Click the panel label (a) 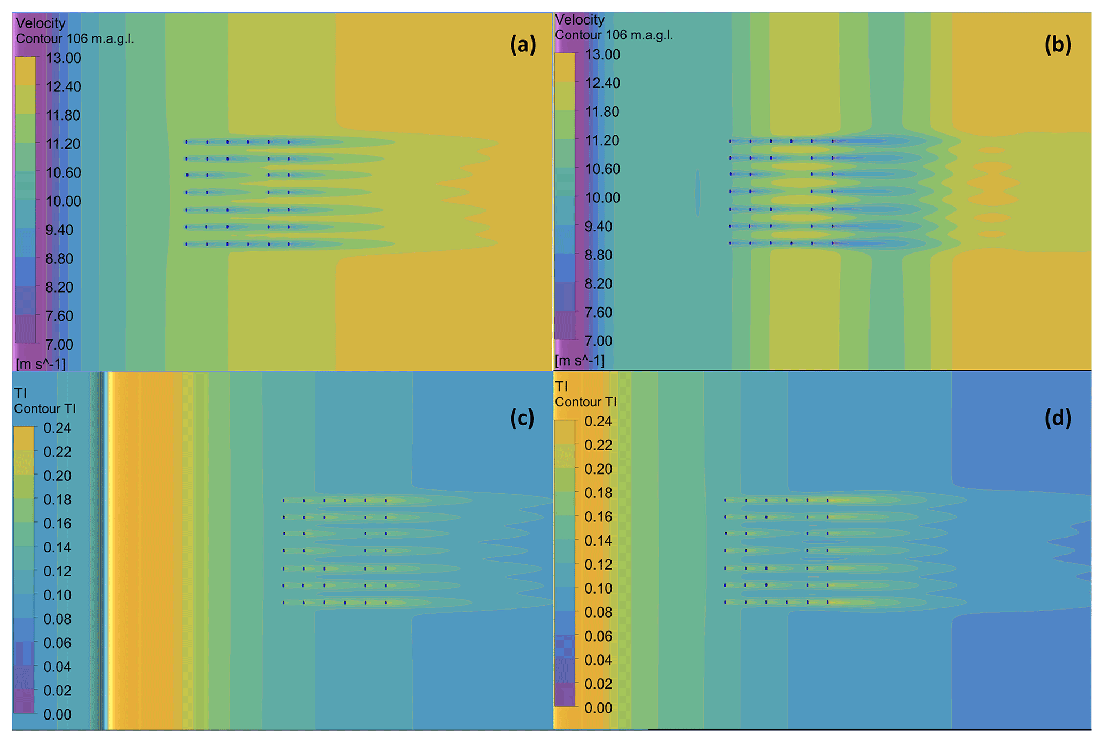tap(522, 44)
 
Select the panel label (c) tap(522, 418)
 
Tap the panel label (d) tap(1058, 418)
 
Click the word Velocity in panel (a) tap(41, 23)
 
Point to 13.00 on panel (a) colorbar tap(63, 58)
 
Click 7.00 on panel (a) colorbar tap(59, 344)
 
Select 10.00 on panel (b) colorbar tap(602, 197)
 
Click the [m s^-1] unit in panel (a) tap(41, 364)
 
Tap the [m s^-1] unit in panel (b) tap(580, 361)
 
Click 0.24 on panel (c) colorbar tap(57, 428)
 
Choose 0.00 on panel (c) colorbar tap(57, 714)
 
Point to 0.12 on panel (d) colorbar tap(598, 564)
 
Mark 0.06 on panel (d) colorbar tap(598, 636)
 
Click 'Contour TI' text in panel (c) tap(45, 408)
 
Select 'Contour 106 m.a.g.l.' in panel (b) tap(614, 35)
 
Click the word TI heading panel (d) tap(561, 386)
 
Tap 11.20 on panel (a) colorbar tap(63, 144)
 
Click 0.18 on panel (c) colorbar tap(57, 500)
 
